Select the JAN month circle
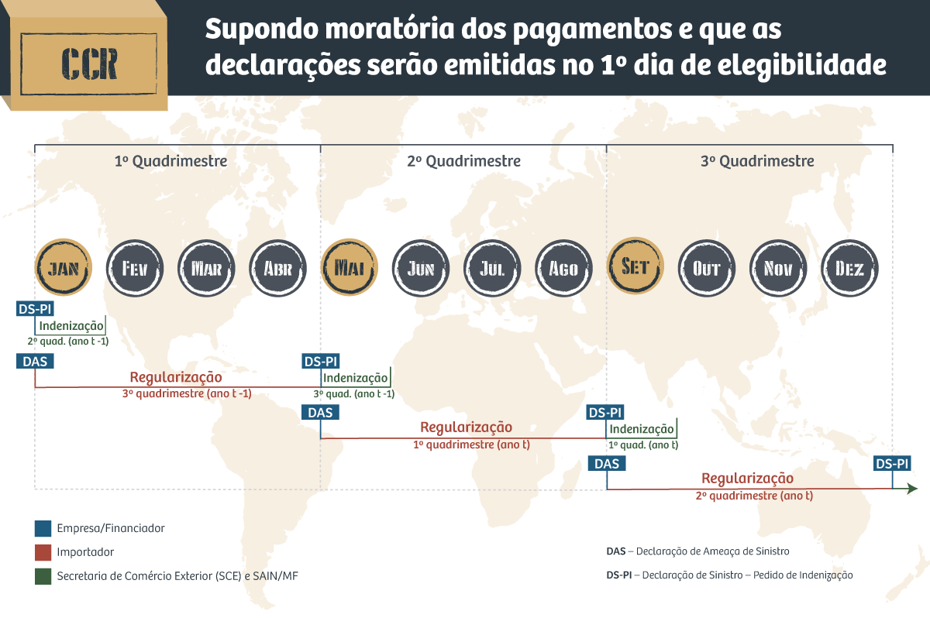tap(63, 268)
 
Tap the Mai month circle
tap(350, 268)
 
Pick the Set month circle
tap(635, 268)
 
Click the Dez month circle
tap(849, 268)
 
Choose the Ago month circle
tap(563, 268)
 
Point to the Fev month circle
tap(134, 268)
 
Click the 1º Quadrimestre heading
tap(170, 161)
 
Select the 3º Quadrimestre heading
tap(757, 161)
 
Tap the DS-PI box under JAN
tap(35, 309)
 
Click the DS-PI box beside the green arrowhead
tap(891, 463)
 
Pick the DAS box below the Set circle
tap(607, 463)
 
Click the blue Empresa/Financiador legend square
tap(43, 528)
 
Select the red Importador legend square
tap(43, 552)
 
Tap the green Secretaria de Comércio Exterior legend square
tap(43, 576)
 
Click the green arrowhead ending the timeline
tap(912, 489)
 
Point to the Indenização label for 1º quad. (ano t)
tap(642, 429)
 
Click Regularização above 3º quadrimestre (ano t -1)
tap(176, 377)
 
